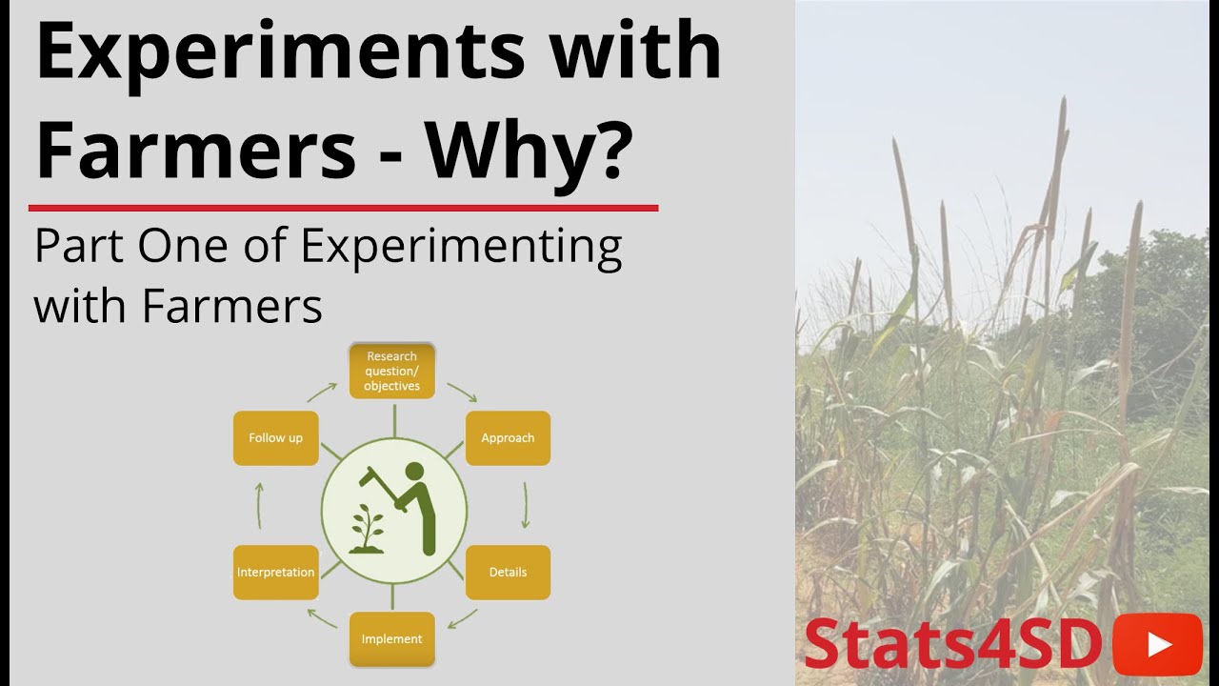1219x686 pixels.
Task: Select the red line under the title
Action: [x=343, y=207]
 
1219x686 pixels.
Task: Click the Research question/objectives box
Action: [x=391, y=371]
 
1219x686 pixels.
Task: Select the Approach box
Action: [x=508, y=438]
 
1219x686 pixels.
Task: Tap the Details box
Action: [x=508, y=573]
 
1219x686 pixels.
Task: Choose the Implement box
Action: [x=391, y=639]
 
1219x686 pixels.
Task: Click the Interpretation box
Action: [x=275, y=573]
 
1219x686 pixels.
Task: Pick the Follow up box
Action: [x=275, y=438]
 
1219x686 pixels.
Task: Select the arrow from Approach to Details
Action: [x=525, y=505]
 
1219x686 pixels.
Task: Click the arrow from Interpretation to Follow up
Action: [x=259, y=505]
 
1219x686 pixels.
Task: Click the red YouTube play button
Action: [x=1157, y=644]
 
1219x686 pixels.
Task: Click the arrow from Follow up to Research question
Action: [x=321, y=393]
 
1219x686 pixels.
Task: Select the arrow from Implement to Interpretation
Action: [x=321, y=617]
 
